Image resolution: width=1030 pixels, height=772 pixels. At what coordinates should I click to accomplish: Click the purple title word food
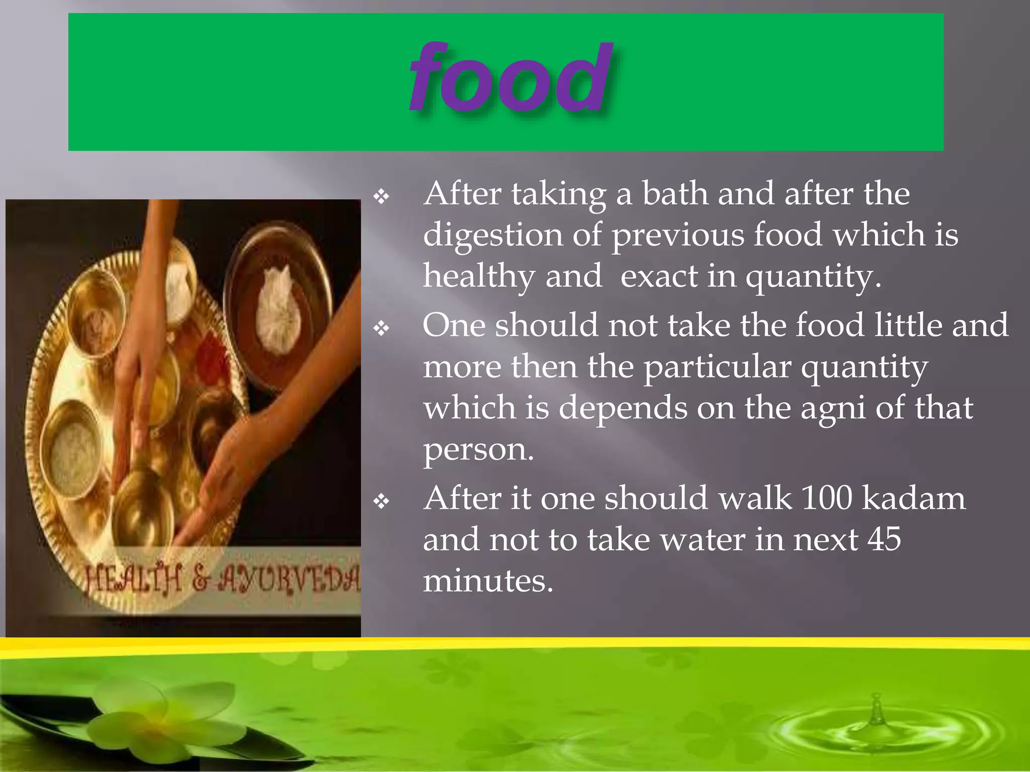click(x=511, y=78)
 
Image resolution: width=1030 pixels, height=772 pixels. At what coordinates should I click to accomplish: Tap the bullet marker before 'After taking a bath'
click(x=382, y=197)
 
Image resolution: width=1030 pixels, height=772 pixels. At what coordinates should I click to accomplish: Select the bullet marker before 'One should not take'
click(x=382, y=329)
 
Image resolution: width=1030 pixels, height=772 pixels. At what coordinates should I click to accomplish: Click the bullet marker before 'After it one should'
click(x=382, y=501)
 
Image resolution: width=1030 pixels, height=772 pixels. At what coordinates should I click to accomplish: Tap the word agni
click(x=832, y=409)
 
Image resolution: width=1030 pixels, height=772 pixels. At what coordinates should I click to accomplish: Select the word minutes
click(x=488, y=582)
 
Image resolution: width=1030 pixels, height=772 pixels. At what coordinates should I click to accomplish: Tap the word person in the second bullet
click(x=478, y=450)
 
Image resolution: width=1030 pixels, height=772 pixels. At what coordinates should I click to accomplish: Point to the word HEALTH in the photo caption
click(x=133, y=580)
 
